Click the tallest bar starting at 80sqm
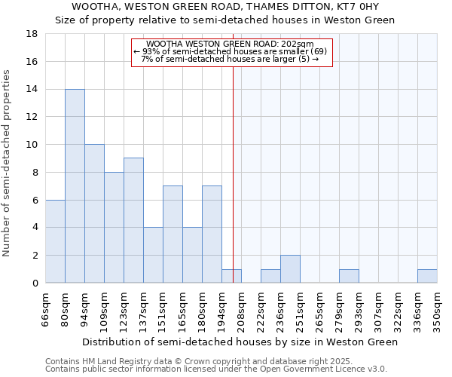click(75, 186)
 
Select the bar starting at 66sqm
click(55, 241)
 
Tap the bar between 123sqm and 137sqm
click(133, 220)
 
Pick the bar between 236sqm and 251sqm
click(290, 269)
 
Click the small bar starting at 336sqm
click(427, 276)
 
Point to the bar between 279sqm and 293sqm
click(349, 276)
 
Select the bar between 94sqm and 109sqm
click(94, 213)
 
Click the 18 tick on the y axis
click(32, 34)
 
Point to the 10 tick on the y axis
click(32, 145)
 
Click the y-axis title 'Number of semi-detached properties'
click(7, 163)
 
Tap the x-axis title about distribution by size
click(240, 342)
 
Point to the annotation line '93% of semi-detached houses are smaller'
click(230, 51)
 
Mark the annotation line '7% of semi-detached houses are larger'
click(230, 59)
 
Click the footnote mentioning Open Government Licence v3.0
click(216, 369)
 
